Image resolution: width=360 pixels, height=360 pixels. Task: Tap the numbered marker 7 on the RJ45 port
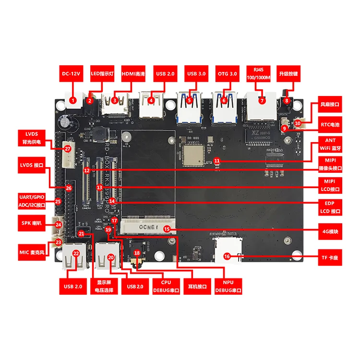pyautogui.click(x=262, y=100)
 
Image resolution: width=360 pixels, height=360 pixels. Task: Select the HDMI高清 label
pyautogui.click(x=134, y=74)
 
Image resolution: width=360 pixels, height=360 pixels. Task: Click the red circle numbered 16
pyautogui.click(x=227, y=256)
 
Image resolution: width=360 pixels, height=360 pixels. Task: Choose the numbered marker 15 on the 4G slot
pyautogui.click(x=167, y=229)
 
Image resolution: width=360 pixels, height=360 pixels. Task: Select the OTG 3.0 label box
pyautogui.click(x=227, y=74)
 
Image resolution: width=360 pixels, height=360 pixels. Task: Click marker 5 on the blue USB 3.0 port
pyautogui.click(x=189, y=100)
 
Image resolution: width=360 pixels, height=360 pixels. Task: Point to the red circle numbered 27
pyautogui.click(x=68, y=149)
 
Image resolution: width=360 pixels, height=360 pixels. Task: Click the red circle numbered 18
pyautogui.click(x=137, y=252)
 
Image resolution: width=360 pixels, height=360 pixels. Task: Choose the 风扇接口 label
pyautogui.click(x=330, y=104)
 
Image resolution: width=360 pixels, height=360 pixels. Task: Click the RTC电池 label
pyautogui.click(x=330, y=124)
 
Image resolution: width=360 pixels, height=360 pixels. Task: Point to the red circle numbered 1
pyautogui.click(x=73, y=100)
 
